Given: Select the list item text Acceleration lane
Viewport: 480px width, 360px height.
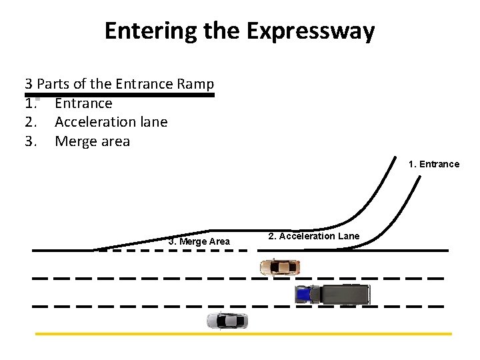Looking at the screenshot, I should (111, 122).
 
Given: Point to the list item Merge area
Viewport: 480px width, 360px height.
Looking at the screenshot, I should (92, 141).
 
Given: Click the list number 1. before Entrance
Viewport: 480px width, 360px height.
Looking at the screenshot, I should (29, 103).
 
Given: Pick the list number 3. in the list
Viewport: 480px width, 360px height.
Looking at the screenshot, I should (30, 141).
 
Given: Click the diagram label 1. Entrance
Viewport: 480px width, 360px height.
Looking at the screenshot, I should (434, 164).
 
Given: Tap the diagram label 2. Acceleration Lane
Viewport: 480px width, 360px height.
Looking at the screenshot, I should (313, 236).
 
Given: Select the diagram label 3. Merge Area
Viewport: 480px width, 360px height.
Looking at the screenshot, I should (199, 241).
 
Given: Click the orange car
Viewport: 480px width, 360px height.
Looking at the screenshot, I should (279, 267).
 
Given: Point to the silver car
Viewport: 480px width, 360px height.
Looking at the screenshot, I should (227, 321).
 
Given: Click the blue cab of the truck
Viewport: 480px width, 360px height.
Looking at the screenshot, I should (304, 293).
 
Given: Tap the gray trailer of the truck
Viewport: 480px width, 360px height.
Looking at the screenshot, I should (345, 293).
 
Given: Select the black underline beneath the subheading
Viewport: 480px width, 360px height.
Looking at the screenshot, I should (119, 95).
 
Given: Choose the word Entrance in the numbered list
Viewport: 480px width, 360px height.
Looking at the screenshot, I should (83, 103).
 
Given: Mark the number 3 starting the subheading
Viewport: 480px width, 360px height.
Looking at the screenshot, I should (29, 84).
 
